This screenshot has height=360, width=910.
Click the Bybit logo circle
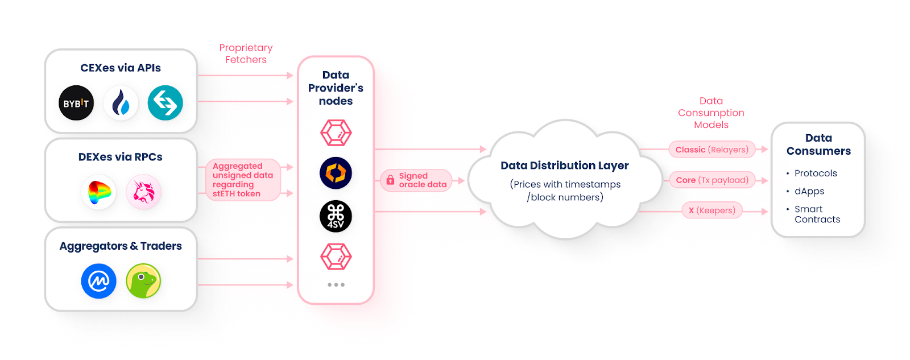tap(76, 103)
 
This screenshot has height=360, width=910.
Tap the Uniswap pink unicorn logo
tap(143, 192)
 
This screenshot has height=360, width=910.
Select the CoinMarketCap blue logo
tap(98, 281)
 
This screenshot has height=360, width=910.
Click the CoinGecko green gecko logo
tap(143, 281)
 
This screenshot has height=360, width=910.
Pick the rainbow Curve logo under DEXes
tap(98, 192)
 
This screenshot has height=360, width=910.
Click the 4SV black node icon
tap(336, 216)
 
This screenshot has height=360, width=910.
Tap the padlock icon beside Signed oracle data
tap(390, 180)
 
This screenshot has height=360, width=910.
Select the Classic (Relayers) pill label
tap(712, 150)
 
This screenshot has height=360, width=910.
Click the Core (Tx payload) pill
tap(712, 180)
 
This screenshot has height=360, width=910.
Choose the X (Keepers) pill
tap(712, 210)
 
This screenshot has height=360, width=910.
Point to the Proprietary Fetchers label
tap(246, 53)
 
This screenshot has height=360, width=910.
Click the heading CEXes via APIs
tap(121, 68)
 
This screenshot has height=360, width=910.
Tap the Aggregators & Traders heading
tap(121, 246)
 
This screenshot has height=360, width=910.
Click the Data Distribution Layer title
tap(564, 165)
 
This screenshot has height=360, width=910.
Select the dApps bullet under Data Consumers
tap(809, 191)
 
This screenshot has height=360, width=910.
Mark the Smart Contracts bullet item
tap(817, 214)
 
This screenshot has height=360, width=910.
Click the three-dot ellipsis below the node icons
tap(336, 284)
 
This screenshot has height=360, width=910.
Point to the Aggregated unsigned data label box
tap(243, 180)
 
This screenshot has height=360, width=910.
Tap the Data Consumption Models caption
tap(711, 113)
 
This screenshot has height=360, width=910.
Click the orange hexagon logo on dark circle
tap(336, 173)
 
